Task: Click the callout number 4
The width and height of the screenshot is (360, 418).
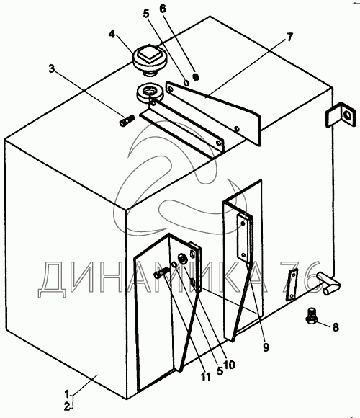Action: (112, 34)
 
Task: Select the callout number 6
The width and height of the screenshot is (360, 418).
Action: (163, 9)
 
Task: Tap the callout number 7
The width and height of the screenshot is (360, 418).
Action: (289, 37)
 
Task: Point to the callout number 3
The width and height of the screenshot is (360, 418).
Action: (51, 68)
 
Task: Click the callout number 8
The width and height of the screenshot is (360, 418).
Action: (336, 326)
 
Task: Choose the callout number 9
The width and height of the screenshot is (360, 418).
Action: (266, 347)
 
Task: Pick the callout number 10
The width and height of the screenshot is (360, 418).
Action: (229, 365)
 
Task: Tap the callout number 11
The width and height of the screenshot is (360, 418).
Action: (205, 377)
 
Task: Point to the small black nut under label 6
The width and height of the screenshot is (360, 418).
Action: (196, 77)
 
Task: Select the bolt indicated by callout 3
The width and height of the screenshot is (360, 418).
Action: (126, 121)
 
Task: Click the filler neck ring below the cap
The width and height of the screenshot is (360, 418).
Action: (147, 93)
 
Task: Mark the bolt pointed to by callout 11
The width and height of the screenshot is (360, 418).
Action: (161, 273)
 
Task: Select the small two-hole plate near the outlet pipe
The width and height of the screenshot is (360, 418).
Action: (292, 285)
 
